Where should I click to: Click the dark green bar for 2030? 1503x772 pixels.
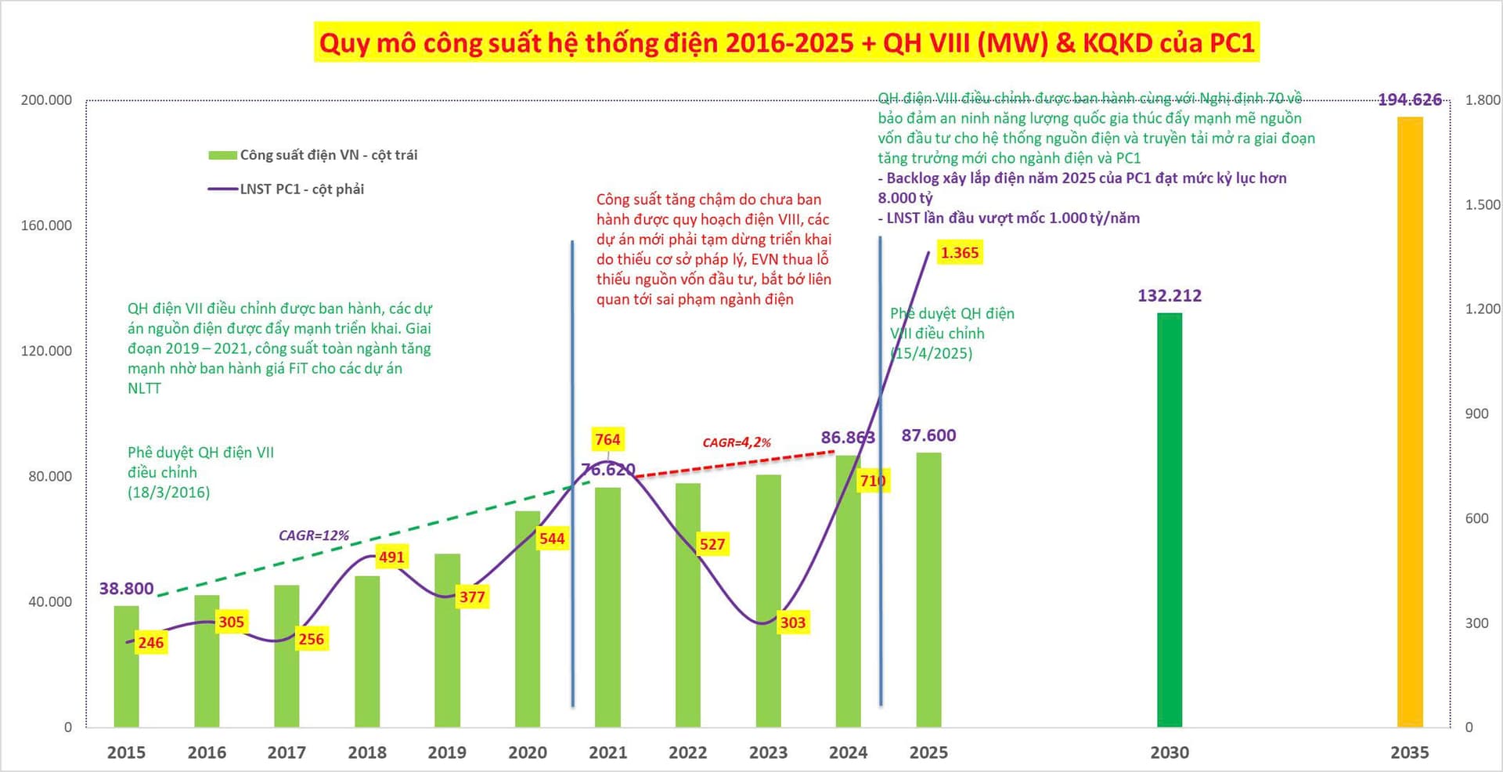tap(1170, 520)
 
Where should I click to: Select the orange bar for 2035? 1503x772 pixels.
tap(1410, 423)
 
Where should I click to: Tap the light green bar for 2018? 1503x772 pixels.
tap(367, 651)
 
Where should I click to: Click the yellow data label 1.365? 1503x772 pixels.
tap(960, 253)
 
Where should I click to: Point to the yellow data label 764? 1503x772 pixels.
tap(607, 439)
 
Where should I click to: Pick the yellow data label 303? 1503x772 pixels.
tap(792, 622)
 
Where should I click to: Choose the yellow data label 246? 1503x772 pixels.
tap(150, 643)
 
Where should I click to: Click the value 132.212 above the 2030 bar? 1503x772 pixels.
tap(1170, 296)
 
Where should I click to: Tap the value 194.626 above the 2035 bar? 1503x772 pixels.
tap(1410, 100)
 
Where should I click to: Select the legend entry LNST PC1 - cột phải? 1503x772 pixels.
tap(301, 189)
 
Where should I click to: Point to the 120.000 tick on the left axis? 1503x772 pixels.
tap(46, 351)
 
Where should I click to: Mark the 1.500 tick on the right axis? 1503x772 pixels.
tap(1482, 204)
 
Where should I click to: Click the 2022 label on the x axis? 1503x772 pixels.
tap(687, 752)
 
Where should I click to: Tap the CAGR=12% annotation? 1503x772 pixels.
tap(314, 536)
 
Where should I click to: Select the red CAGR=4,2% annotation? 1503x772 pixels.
tap(737, 442)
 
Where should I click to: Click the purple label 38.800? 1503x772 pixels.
tap(126, 589)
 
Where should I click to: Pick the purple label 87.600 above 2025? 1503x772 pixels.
tap(928, 435)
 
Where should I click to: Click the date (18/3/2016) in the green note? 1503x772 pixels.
tap(169, 492)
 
